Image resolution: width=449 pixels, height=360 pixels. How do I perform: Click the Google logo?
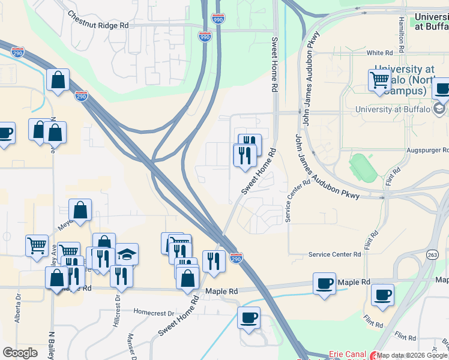point(20,353)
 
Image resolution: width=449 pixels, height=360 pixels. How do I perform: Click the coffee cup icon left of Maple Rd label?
point(325,283)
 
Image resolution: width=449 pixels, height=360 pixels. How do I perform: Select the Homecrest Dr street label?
point(154,313)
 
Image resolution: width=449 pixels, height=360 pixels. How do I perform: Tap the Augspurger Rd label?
point(429,150)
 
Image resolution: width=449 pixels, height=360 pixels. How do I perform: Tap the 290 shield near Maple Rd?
point(236,257)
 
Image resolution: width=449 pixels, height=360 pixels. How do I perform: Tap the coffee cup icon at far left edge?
point(5,133)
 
